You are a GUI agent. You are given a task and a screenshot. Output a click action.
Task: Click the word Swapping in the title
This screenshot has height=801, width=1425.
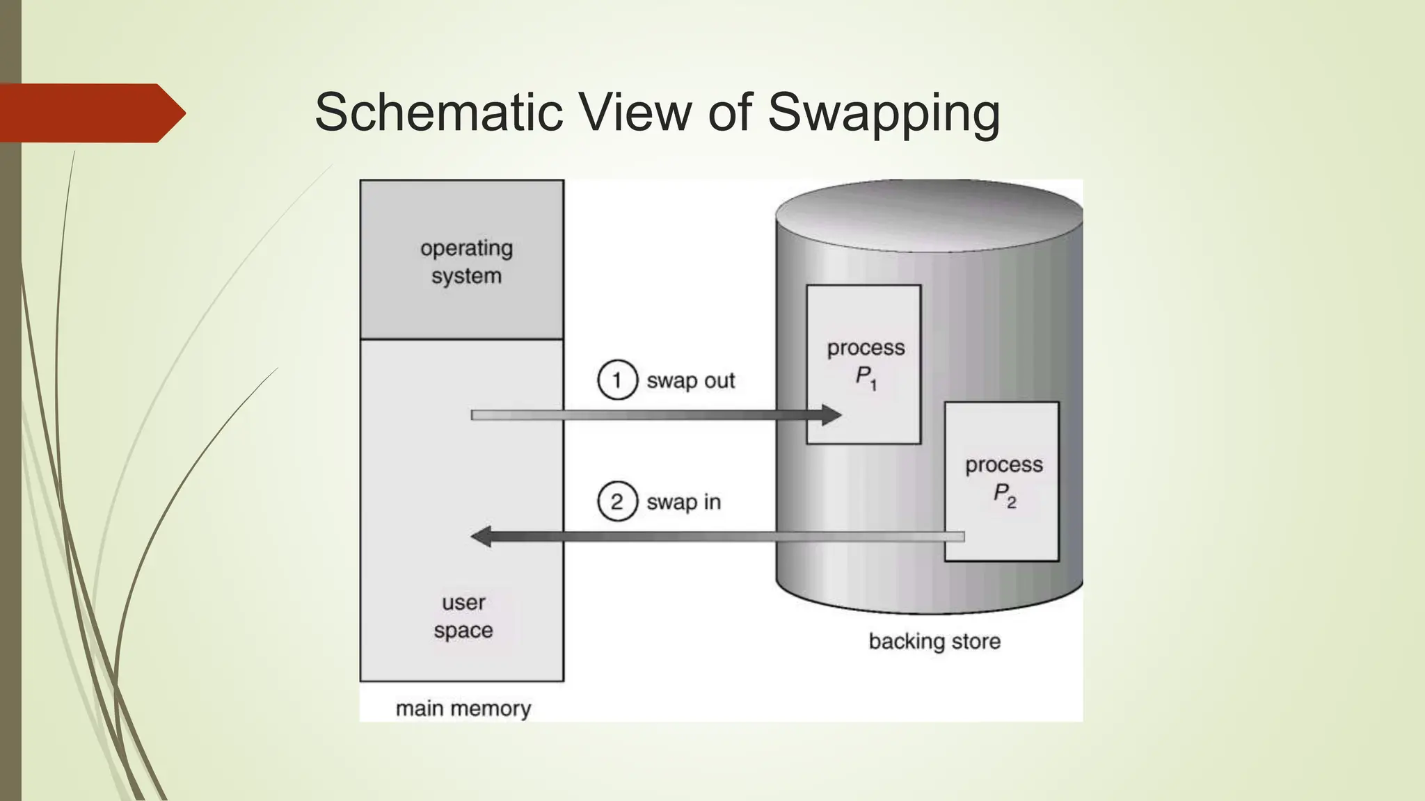coord(884,113)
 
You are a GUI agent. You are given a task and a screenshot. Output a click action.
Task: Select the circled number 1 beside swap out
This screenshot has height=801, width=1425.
coord(617,380)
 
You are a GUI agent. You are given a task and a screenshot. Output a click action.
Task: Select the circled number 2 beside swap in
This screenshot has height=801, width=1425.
coord(617,502)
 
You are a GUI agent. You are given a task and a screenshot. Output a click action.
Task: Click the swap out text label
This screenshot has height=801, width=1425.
coord(690,381)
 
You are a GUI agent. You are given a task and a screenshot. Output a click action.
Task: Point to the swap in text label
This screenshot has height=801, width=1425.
coord(683,502)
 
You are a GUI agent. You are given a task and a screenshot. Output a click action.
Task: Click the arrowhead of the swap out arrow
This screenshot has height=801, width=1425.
coord(831,415)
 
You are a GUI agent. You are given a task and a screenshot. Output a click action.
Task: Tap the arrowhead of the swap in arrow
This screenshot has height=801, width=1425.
coord(481,537)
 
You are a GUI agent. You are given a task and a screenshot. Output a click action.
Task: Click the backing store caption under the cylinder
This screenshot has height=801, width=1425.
coord(934,641)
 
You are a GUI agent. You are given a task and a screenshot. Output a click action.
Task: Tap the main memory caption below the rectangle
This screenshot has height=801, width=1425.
coord(463,709)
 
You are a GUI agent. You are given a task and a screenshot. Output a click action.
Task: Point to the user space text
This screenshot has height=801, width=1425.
coord(463,616)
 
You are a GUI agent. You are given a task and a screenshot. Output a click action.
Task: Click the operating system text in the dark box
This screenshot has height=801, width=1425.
coord(466,262)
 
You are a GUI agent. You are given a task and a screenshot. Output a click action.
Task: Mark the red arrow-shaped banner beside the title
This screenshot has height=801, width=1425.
coord(87,113)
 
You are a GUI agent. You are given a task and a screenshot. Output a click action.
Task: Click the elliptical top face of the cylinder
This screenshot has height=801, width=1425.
coord(929,216)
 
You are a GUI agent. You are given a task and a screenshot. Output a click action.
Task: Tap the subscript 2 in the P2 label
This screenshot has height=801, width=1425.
coord(1012,502)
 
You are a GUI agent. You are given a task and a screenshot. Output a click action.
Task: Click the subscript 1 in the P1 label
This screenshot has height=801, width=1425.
coord(874,385)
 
